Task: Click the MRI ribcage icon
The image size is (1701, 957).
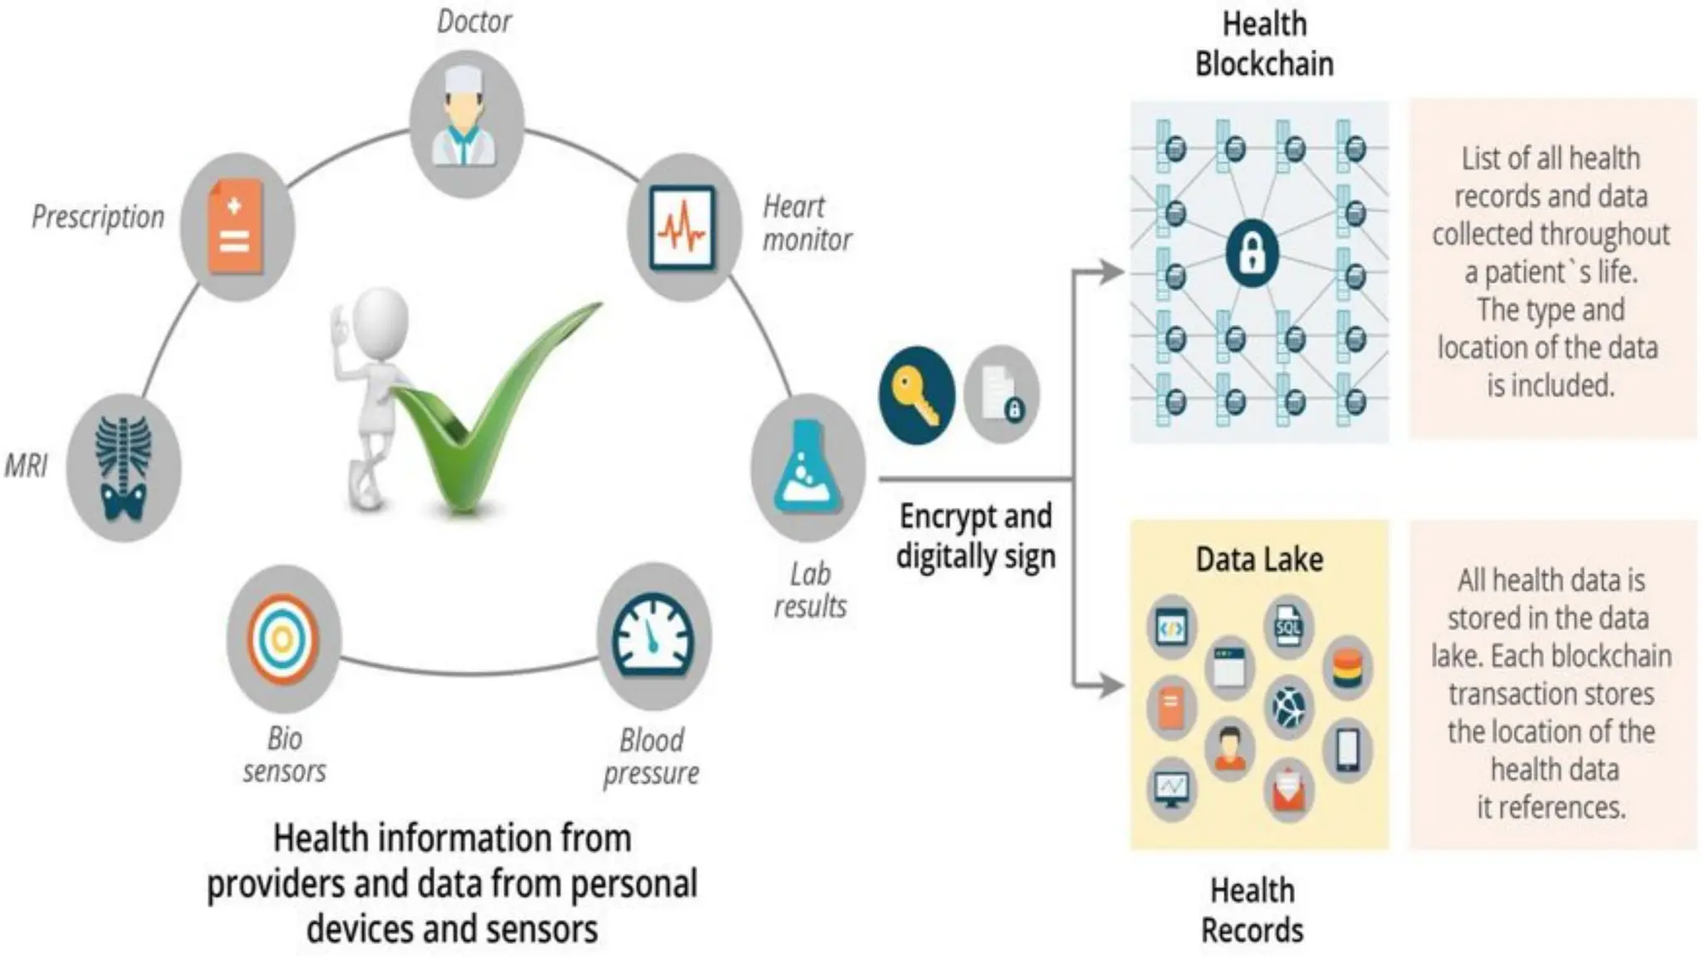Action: tap(124, 468)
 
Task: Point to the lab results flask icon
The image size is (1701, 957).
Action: tap(806, 467)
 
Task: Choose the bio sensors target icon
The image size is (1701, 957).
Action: tap(283, 638)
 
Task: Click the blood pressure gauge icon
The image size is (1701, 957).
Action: tap(654, 636)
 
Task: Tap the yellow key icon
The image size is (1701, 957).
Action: tap(916, 395)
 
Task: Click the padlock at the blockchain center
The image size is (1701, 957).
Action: tap(1252, 253)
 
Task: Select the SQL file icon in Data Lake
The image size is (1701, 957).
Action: tap(1288, 626)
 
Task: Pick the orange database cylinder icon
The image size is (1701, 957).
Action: tap(1347, 669)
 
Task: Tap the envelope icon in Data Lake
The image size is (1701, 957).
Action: tap(1288, 788)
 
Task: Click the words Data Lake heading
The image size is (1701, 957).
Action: tap(1259, 559)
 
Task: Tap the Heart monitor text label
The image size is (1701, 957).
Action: tap(806, 223)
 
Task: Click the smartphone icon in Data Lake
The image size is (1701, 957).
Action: tap(1347, 750)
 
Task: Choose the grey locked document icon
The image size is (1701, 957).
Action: tap(1001, 394)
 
